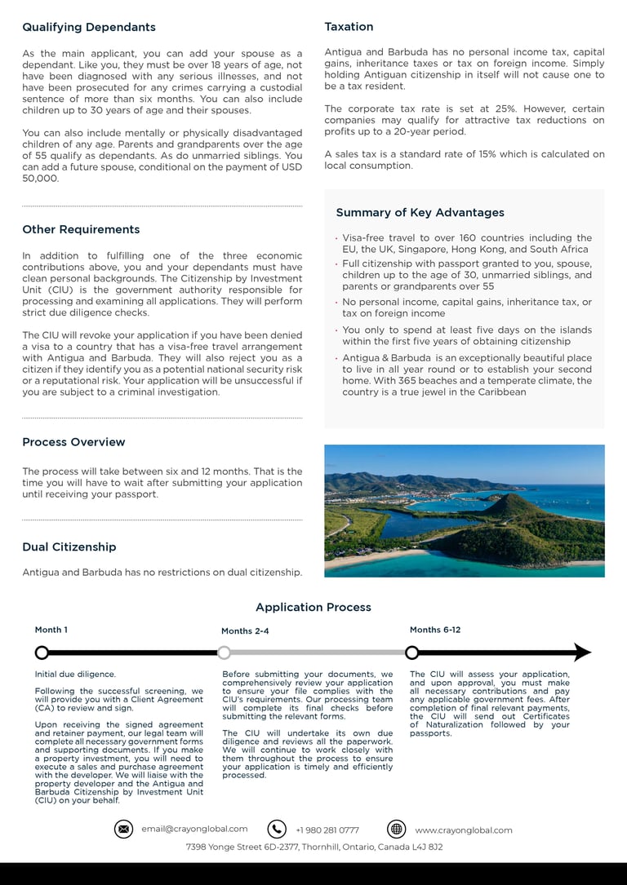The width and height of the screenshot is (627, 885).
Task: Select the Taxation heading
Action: coord(349,27)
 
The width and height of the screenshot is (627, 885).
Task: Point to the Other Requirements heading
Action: coord(81,229)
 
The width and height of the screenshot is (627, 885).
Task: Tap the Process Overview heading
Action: coord(73,442)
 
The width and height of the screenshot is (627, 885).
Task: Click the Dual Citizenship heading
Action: coord(69,546)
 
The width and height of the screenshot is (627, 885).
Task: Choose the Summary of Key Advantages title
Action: coord(420,212)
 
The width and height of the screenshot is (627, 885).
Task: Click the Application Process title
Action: coord(313,607)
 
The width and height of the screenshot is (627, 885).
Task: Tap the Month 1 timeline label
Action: coord(51,630)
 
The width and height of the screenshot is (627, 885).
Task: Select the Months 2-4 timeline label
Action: coord(245,631)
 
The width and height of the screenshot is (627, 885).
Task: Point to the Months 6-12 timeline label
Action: coord(435,630)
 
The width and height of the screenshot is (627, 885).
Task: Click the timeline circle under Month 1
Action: coord(42,653)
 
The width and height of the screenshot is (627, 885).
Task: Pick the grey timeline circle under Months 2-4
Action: coord(224,653)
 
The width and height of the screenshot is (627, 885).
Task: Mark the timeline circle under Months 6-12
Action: coord(412,653)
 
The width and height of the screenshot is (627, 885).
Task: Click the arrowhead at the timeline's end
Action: coord(582,653)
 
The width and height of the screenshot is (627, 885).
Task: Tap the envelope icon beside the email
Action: coord(123,830)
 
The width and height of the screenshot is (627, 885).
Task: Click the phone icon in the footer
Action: coord(277,830)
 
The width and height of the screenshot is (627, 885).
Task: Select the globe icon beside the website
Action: coord(396,830)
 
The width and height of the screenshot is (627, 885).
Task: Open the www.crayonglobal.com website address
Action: coord(464,830)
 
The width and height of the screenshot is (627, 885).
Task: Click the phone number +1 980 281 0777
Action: coord(327,830)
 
